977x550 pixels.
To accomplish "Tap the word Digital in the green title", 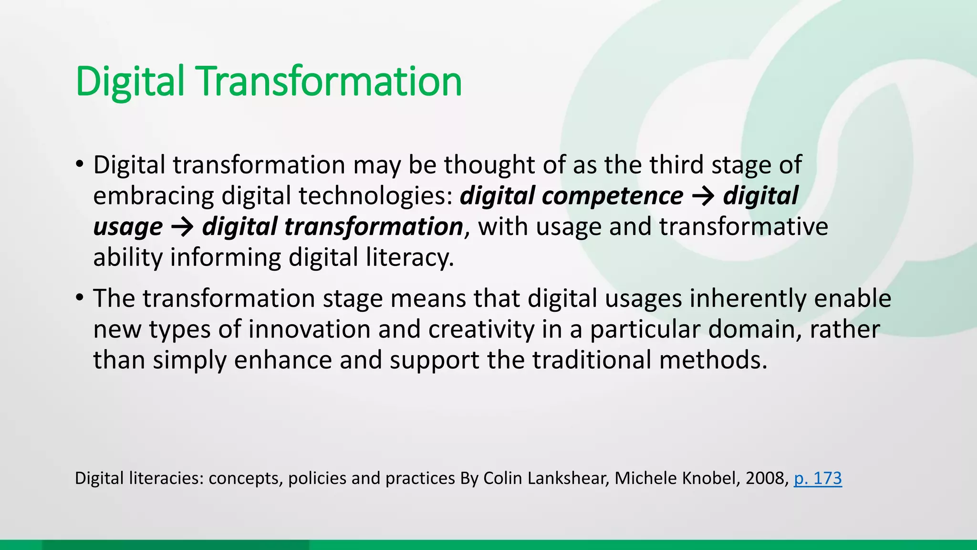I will tap(130, 81).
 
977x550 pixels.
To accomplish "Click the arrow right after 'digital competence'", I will tap(703, 196).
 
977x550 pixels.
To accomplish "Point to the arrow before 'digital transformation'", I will tap(182, 227).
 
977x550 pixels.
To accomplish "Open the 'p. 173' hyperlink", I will tap(818, 478).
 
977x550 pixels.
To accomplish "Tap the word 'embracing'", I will tap(153, 196).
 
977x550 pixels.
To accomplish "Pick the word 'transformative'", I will tap(744, 227).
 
